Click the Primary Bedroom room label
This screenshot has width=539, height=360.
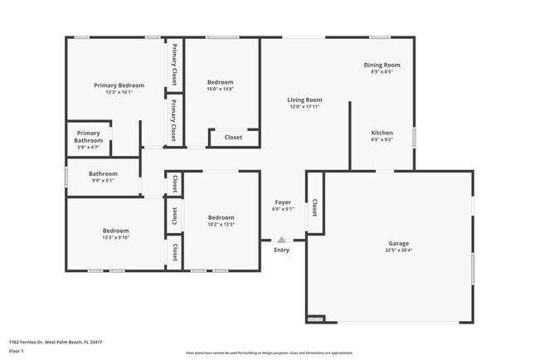point(119,85)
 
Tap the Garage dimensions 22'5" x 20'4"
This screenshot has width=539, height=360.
point(398,251)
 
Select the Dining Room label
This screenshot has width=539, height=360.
point(381,65)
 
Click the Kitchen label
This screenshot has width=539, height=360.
point(381,133)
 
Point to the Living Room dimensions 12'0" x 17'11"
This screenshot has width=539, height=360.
point(304,106)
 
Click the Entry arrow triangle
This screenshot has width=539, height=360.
point(282,240)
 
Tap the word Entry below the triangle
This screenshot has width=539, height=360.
point(282,250)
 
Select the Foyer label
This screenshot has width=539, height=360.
point(283,202)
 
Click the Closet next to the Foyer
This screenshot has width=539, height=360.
point(314,207)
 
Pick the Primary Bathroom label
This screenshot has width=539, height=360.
point(89,137)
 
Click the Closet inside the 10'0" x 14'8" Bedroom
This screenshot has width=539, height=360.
point(233,138)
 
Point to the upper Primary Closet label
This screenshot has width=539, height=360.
point(174,66)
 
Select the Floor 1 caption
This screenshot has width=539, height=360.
point(17,351)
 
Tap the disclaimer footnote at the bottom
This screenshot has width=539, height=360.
point(269,353)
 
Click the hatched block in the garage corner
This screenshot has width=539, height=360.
point(315,319)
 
